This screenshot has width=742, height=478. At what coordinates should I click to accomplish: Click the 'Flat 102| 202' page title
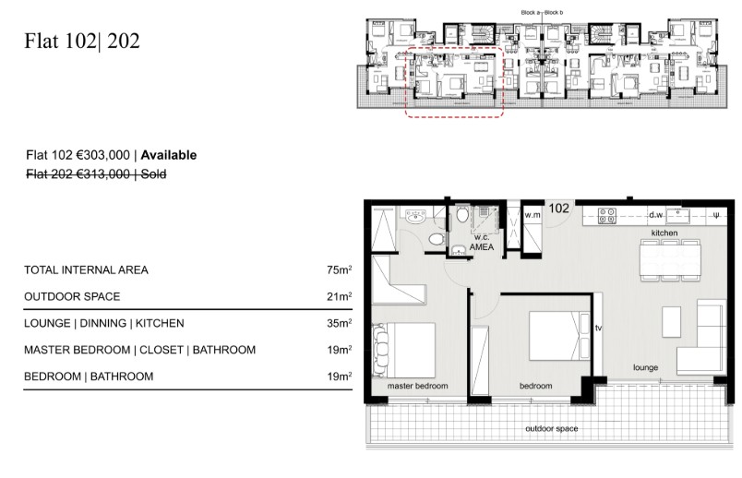point(83,42)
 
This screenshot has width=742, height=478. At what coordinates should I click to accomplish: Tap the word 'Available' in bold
point(169,156)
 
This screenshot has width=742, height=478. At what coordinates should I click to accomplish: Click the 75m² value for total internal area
point(340,270)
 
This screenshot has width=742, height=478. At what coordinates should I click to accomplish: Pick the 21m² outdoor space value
point(340,297)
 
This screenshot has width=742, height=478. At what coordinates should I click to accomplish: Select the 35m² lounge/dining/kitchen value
point(340,324)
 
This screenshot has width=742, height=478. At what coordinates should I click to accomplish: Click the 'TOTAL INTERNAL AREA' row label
point(86,270)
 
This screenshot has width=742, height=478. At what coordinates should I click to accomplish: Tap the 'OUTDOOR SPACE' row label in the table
point(72,297)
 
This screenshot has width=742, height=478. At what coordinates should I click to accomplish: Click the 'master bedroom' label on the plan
point(417,385)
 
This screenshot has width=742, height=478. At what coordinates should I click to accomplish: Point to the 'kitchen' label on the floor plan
point(664,234)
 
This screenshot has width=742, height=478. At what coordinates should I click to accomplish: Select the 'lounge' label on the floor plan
point(645,367)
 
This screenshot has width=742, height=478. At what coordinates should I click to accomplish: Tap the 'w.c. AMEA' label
point(481,241)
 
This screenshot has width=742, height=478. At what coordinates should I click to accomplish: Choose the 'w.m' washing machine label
point(532,215)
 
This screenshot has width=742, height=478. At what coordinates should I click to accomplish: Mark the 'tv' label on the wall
point(598,328)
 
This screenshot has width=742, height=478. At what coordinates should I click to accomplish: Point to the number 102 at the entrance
point(559,209)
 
